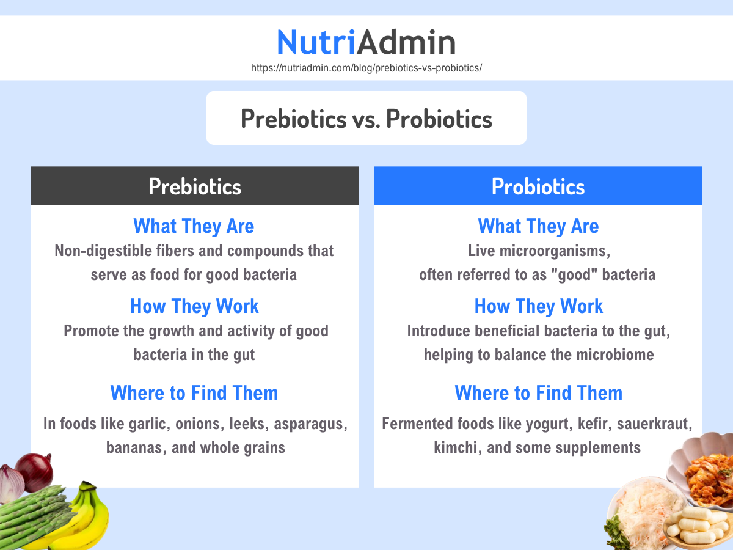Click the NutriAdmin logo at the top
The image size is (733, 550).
[366, 42]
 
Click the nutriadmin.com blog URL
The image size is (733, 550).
[366, 68]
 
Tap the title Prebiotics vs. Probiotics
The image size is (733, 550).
[366, 118]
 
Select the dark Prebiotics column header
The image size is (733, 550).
[195, 186]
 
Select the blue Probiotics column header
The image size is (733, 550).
[538, 186]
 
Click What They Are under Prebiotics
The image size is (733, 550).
[194, 226]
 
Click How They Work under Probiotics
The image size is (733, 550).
[538, 306]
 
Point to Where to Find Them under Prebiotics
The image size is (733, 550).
[194, 392]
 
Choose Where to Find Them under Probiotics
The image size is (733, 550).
[538, 392]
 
